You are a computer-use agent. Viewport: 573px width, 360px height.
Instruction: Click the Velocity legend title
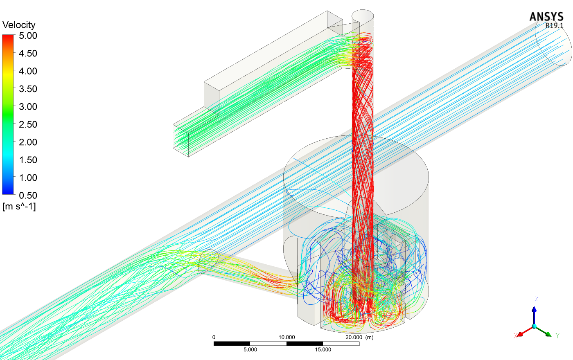pyautogui.click(x=19, y=25)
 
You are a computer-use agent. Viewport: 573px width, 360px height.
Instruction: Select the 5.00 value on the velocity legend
pyautogui.click(x=28, y=36)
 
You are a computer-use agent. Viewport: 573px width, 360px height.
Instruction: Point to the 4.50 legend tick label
pyautogui.click(x=28, y=54)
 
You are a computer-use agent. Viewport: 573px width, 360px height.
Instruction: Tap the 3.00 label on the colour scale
pyautogui.click(x=28, y=107)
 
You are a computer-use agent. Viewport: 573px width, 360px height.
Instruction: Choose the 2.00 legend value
pyautogui.click(x=28, y=142)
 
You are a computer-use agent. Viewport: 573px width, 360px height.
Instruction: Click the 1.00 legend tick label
pyautogui.click(x=28, y=178)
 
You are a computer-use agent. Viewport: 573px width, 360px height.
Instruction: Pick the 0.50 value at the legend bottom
pyautogui.click(x=28, y=196)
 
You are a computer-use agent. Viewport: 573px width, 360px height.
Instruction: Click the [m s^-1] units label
pyautogui.click(x=19, y=206)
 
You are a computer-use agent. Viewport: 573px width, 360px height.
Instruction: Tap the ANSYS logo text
pyautogui.click(x=546, y=17)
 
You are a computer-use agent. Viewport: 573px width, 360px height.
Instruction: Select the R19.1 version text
pyautogui.click(x=554, y=25)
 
